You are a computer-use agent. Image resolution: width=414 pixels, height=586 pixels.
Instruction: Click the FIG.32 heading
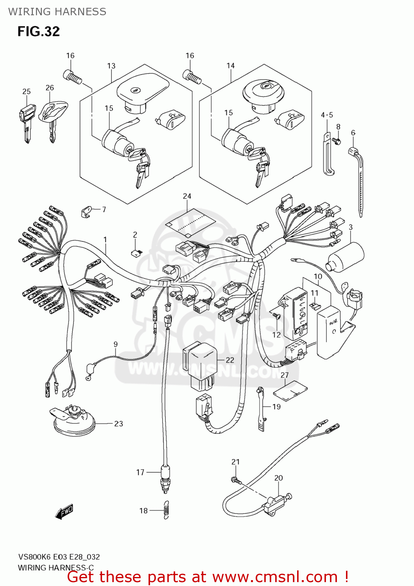point(38,31)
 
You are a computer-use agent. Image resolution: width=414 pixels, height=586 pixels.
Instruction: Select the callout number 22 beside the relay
point(230,360)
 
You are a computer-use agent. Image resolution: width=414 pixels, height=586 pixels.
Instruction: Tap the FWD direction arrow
point(64,511)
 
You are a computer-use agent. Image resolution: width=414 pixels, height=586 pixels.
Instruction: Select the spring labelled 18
point(166,510)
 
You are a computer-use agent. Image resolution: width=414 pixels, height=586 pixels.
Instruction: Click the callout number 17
point(140,472)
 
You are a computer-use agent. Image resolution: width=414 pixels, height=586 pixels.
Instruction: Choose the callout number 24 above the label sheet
point(187,196)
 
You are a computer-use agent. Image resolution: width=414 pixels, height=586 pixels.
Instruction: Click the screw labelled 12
point(277,316)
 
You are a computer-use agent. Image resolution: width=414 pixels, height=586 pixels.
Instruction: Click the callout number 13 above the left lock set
point(111,66)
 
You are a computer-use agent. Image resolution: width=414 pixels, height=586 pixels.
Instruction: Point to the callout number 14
point(231,66)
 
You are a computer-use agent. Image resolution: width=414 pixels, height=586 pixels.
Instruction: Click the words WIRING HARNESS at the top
point(57,12)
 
